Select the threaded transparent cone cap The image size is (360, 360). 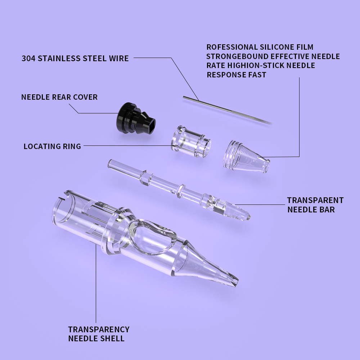(245, 157)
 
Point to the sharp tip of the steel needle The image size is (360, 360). (272, 123)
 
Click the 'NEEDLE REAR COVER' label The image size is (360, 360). (59, 97)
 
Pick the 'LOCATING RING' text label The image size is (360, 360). (52, 146)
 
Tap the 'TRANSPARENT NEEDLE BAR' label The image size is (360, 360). (315, 204)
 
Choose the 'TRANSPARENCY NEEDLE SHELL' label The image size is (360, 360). (99, 334)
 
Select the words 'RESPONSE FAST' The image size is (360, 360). (236, 75)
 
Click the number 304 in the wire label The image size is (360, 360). (28, 58)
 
